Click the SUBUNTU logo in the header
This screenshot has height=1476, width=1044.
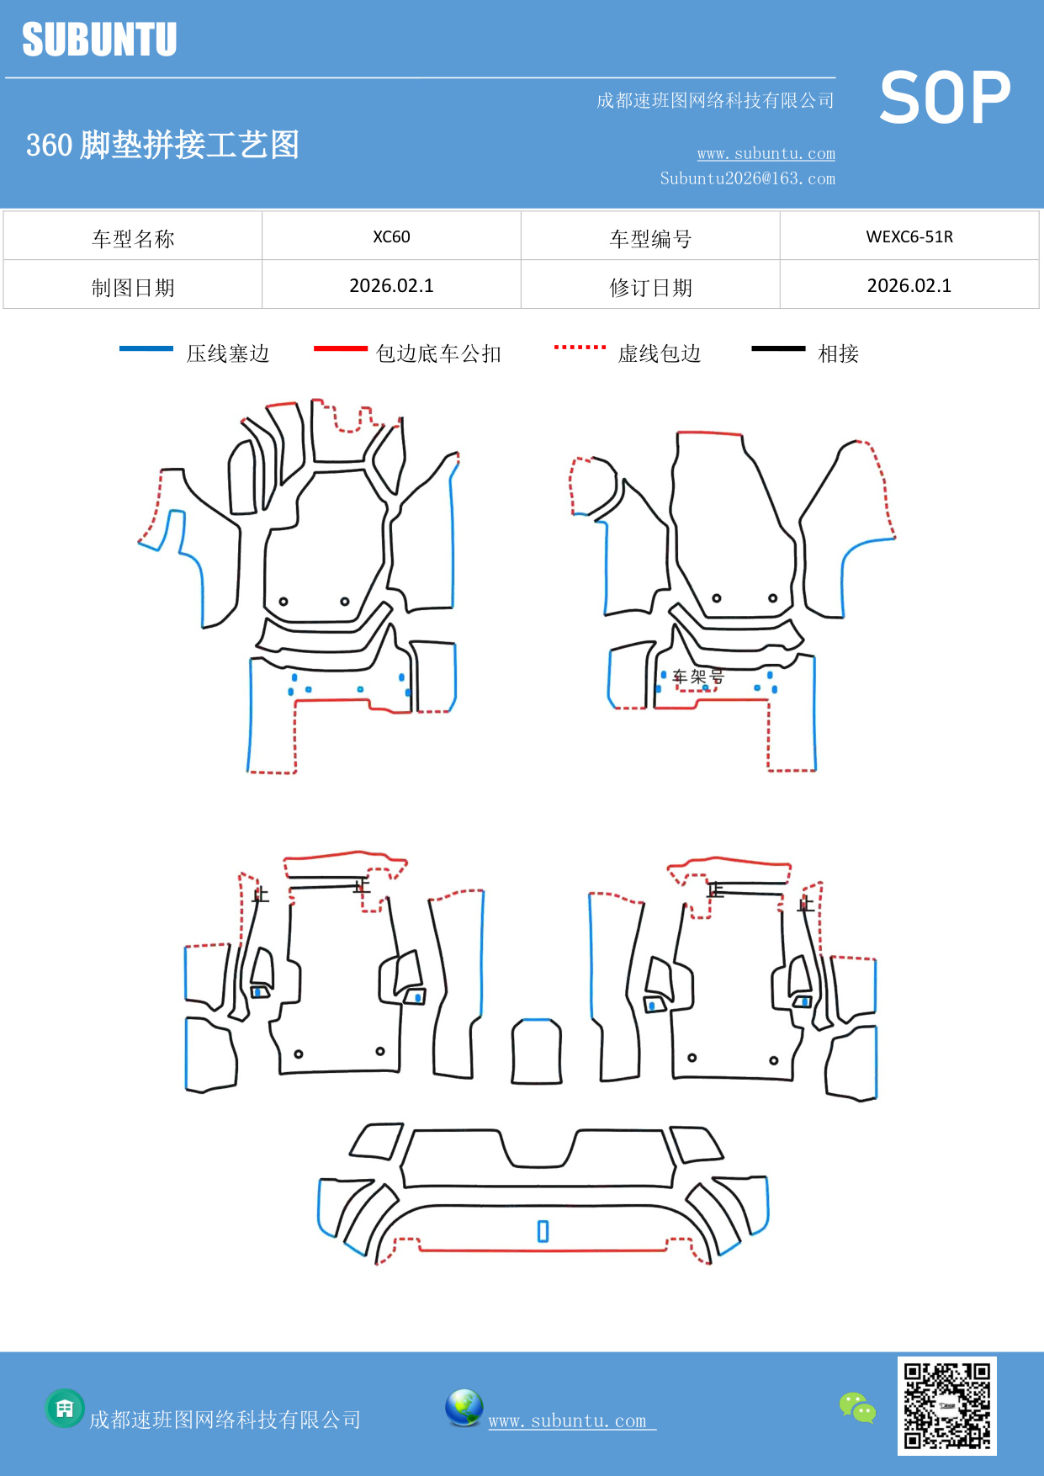99,40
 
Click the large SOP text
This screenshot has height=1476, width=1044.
945,98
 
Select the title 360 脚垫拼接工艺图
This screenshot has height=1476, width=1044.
162,145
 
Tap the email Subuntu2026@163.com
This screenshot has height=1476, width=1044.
747,178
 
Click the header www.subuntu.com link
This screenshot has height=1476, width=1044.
766,153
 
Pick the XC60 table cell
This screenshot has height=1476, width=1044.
391,236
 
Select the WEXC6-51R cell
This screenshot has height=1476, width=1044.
909,236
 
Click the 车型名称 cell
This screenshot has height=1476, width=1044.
133,239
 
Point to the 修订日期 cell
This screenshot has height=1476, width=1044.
650,288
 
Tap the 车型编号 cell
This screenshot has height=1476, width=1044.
650,239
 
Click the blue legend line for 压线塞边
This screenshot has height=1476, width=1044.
146,348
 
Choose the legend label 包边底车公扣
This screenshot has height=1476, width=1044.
438,353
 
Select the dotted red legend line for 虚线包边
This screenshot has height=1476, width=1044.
580,347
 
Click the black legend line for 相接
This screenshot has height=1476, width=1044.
778,348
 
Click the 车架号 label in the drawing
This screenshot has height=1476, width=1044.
698,677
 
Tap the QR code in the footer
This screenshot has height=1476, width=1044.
946,1405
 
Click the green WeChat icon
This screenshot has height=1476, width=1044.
857,1407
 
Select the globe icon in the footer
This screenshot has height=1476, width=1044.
464,1407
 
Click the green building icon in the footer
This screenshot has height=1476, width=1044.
65,1408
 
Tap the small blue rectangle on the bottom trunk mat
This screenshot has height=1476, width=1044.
543,1231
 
